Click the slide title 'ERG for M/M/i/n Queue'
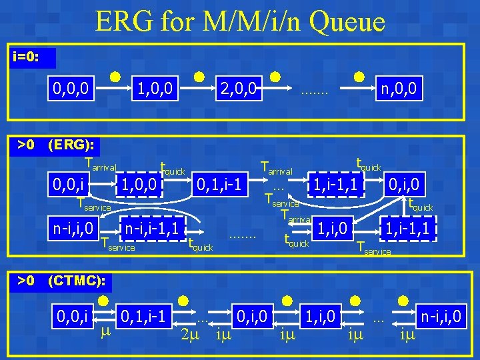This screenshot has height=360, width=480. [240, 21]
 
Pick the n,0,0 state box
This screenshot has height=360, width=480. [399, 88]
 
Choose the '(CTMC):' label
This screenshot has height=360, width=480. [77, 281]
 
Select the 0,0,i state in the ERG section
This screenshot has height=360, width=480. [71, 181]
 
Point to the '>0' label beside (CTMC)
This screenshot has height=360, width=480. [26, 281]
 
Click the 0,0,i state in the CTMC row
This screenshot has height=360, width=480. [73, 313]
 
